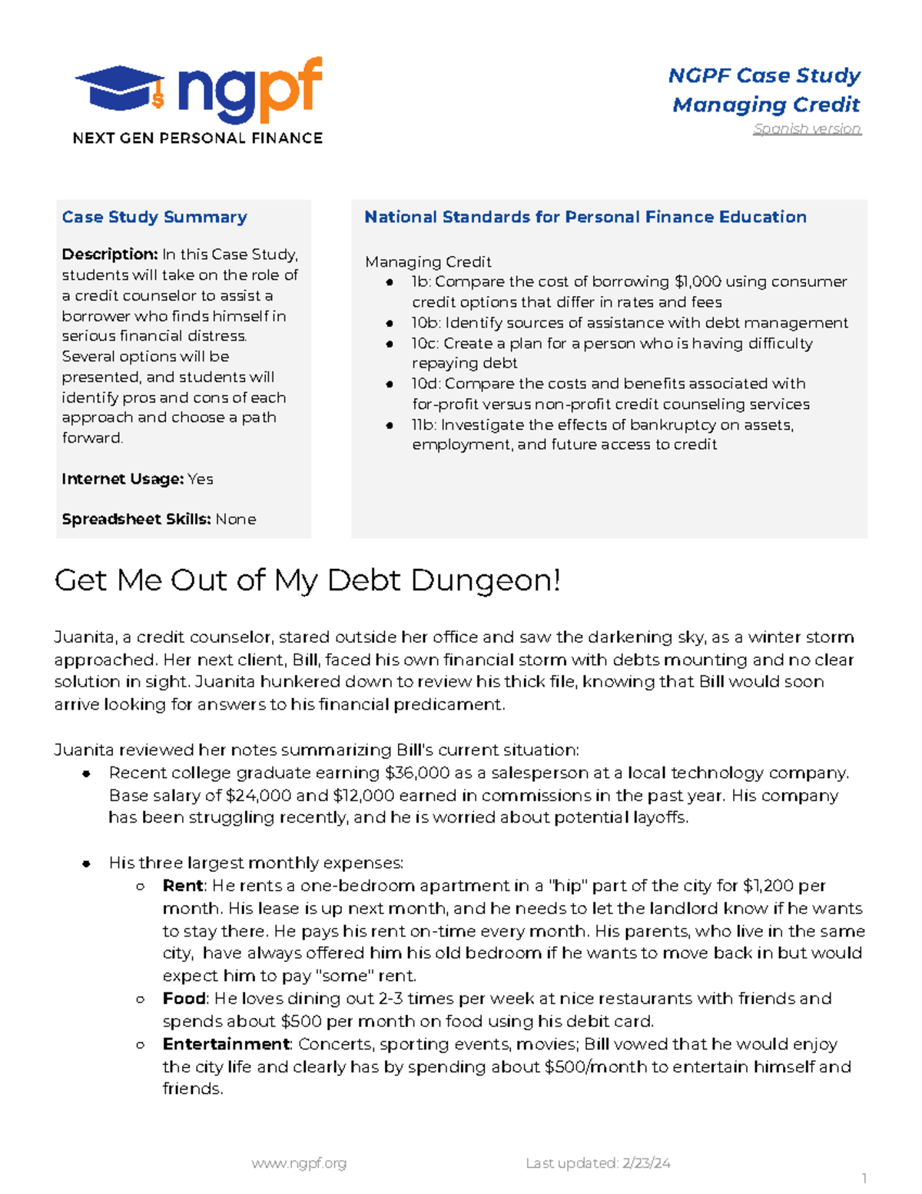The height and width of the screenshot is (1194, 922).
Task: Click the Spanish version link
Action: (807, 129)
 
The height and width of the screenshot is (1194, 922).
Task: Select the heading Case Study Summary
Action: (154, 218)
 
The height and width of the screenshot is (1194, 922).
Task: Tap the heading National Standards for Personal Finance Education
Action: (585, 218)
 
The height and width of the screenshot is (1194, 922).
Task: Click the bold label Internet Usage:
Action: (122, 479)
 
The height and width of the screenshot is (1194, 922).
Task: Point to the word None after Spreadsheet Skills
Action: (236, 520)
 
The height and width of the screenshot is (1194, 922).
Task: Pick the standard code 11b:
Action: (424, 425)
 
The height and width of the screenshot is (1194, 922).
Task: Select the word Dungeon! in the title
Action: (486, 580)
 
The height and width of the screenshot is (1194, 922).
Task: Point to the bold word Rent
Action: (183, 886)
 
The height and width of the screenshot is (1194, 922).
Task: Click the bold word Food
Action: (184, 999)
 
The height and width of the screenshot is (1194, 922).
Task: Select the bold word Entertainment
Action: (226, 1044)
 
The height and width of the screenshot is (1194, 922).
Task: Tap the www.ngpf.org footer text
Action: (299, 1164)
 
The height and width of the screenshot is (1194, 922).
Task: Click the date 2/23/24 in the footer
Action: (646, 1164)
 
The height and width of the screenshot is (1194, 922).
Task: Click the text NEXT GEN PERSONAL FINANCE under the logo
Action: (197, 138)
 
